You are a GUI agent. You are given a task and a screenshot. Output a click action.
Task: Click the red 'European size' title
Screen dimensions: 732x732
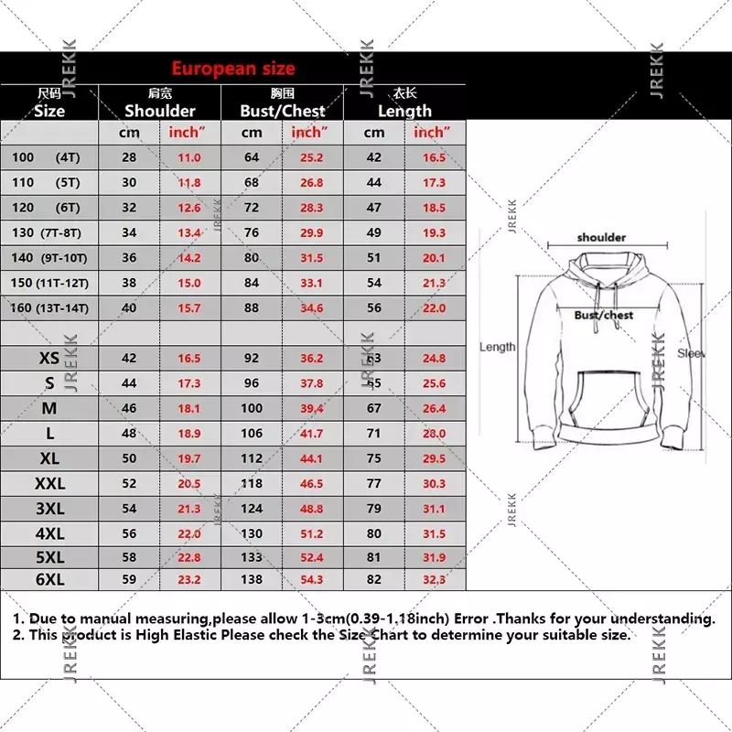(x=233, y=69)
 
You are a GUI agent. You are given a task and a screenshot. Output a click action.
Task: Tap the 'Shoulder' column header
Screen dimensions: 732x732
(x=160, y=111)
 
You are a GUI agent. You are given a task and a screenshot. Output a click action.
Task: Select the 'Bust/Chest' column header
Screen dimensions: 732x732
(x=283, y=111)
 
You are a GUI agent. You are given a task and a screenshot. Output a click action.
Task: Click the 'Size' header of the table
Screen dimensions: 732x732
(x=49, y=111)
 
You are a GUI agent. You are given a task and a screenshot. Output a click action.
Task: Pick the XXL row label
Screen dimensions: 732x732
(x=49, y=483)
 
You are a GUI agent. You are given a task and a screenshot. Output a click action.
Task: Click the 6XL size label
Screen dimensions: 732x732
(x=49, y=579)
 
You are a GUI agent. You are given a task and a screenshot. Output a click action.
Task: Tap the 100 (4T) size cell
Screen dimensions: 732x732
(x=46, y=157)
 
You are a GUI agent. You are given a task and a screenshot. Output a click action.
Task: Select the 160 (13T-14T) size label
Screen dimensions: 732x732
(x=49, y=307)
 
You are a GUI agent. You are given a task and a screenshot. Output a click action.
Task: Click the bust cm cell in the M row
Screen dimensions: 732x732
(x=252, y=408)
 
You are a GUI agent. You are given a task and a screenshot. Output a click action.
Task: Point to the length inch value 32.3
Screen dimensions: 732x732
(x=434, y=579)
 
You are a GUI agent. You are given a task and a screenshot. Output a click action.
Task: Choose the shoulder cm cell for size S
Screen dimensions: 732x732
(x=129, y=383)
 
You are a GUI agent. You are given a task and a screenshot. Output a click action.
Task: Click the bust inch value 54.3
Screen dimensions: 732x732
(x=311, y=579)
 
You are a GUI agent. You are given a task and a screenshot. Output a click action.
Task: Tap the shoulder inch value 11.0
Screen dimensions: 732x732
(x=188, y=157)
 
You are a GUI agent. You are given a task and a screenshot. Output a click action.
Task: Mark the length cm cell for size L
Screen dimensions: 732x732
(x=374, y=433)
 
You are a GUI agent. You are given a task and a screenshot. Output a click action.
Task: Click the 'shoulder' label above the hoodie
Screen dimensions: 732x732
(x=601, y=238)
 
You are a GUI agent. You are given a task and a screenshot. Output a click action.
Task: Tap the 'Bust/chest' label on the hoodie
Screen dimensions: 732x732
(x=604, y=316)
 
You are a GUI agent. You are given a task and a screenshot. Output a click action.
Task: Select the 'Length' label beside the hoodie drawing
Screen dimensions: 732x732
(x=498, y=347)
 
